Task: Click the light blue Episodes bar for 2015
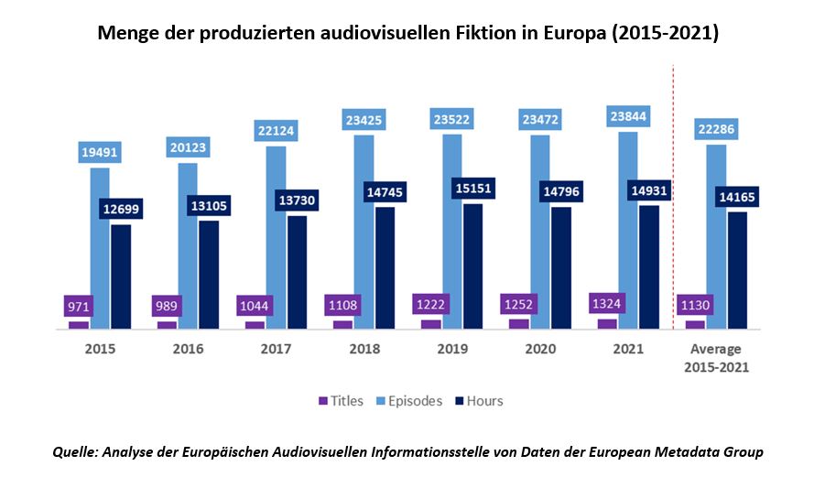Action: click(x=99, y=247)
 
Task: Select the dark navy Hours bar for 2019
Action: click(x=472, y=266)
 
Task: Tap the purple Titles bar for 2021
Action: click(x=607, y=323)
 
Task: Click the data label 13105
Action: click(x=210, y=205)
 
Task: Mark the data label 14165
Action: click(x=738, y=197)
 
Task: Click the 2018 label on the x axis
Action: click(x=364, y=350)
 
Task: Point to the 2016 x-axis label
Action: click(x=187, y=350)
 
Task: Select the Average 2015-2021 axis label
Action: click(x=716, y=358)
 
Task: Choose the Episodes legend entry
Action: click(x=408, y=401)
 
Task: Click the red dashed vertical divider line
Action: click(x=674, y=183)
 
